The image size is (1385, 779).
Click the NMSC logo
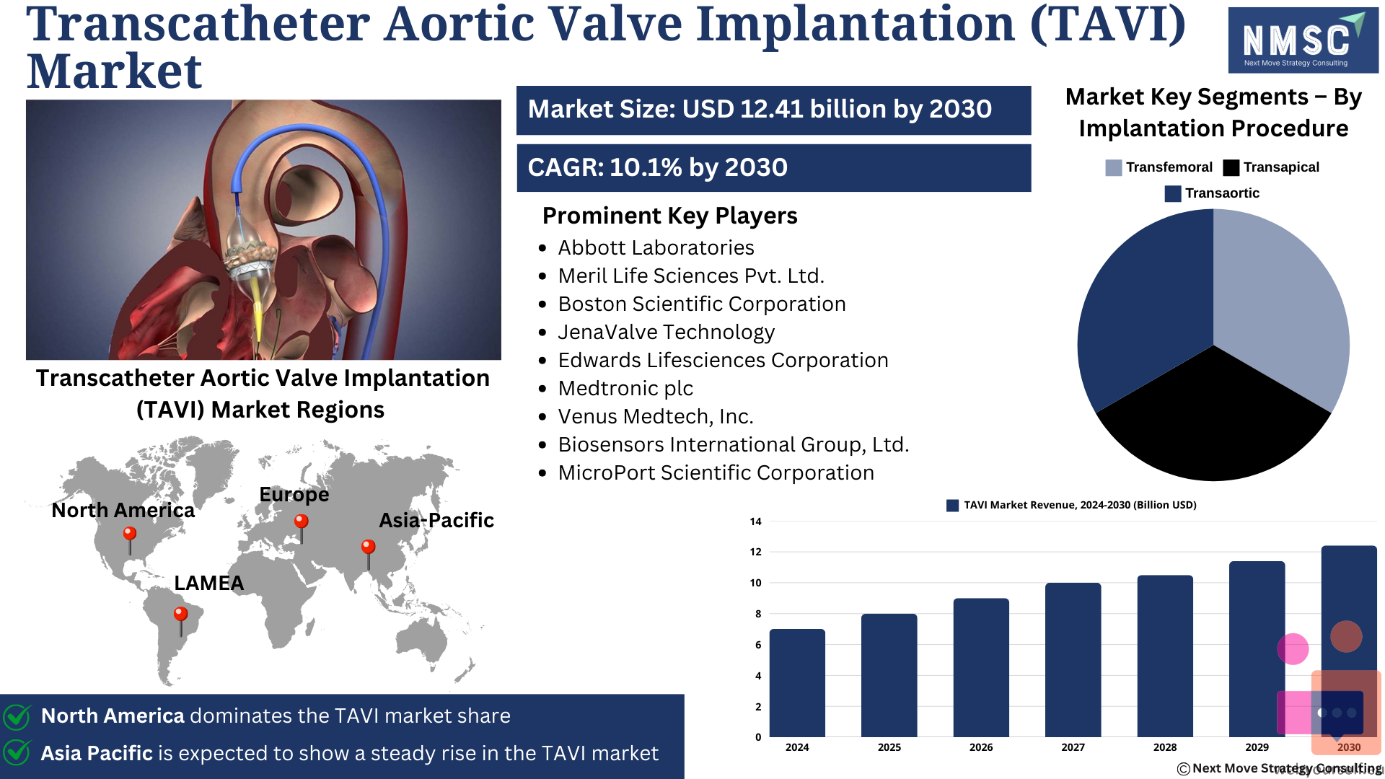1303,40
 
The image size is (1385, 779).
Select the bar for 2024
797,683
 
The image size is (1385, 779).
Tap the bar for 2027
1073,660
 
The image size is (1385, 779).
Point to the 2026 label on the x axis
981,747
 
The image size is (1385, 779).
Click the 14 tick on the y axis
755,521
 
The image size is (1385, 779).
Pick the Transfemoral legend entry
1158,167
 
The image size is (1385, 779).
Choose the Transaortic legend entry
1212,193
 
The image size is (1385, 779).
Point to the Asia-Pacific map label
436,520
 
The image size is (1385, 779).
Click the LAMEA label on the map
209,583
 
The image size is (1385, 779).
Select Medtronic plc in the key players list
625,388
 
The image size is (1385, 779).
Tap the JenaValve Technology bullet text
667,332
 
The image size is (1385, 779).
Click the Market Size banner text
760,109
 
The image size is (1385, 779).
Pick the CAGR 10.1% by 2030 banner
774,167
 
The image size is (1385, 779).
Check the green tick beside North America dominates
17,716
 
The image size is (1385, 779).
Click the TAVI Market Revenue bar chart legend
1071,505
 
